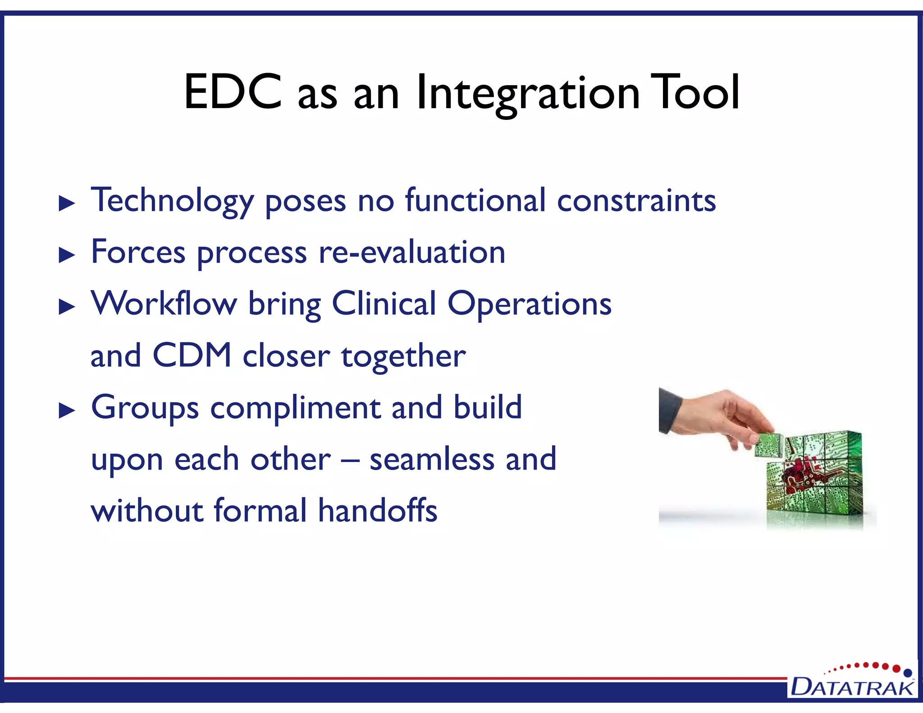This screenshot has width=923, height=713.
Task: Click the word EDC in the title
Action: (x=233, y=92)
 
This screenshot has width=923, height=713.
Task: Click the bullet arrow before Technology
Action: (x=67, y=204)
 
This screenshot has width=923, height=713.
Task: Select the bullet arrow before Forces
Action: (x=67, y=256)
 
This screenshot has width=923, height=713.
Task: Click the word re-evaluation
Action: (x=411, y=252)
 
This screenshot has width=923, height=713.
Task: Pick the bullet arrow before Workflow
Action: (x=67, y=307)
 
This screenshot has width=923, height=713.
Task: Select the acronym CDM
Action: (x=192, y=356)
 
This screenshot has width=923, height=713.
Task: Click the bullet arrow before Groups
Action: (x=67, y=411)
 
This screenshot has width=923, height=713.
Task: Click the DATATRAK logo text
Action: (x=852, y=688)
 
